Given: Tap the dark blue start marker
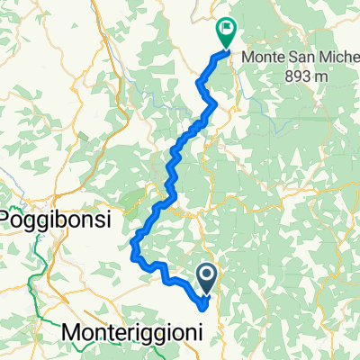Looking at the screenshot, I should pyautogui.click(x=207, y=278).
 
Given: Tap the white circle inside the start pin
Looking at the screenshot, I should pyautogui.click(x=207, y=274).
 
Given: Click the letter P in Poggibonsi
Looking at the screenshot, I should pyautogui.click(x=12, y=219).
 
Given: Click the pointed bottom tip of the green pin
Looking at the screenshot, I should pyautogui.click(x=224, y=48).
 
